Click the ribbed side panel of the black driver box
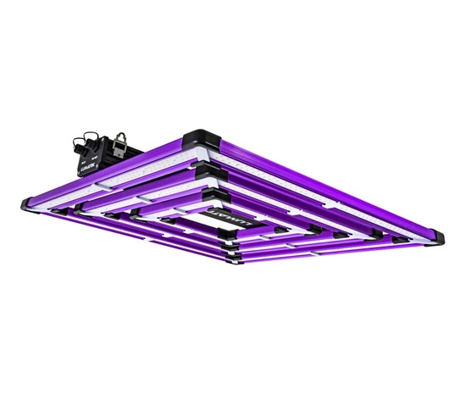(x=114, y=152)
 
